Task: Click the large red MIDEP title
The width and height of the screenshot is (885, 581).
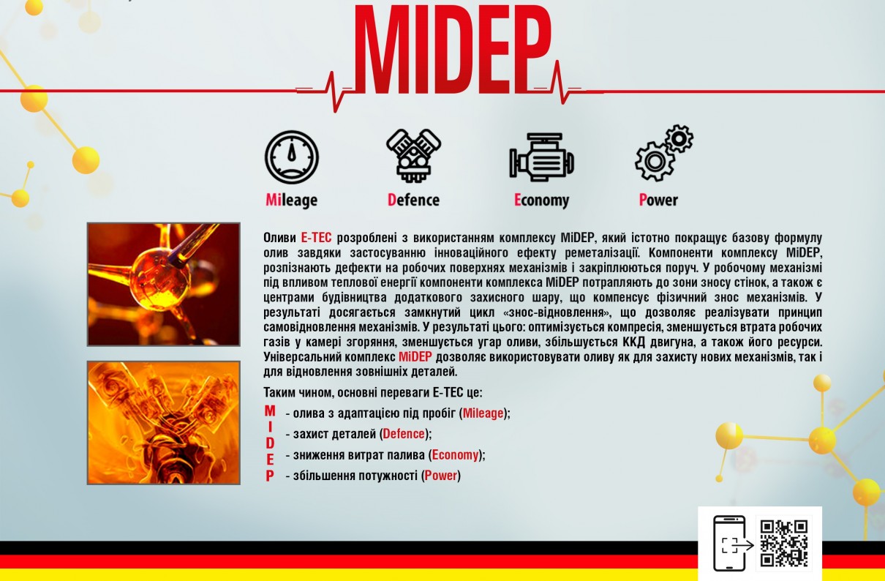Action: tap(453, 50)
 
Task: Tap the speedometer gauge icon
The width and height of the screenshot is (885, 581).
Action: tap(292, 157)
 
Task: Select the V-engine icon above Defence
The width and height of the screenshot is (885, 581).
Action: tap(414, 155)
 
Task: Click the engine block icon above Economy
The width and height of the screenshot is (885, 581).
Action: tap(541, 157)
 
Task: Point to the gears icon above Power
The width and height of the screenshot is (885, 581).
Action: tap(664, 153)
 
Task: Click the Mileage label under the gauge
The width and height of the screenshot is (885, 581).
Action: tap(292, 200)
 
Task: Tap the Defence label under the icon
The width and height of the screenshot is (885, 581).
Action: tap(414, 200)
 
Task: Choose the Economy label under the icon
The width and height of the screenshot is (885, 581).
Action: tap(541, 200)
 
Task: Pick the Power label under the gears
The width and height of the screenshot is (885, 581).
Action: tap(658, 200)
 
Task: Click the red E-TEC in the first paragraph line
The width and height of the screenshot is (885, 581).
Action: tap(316, 238)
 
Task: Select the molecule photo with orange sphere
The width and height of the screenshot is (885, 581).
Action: tap(164, 284)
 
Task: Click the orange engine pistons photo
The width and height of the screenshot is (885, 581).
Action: tap(164, 422)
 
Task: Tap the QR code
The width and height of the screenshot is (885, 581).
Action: tap(784, 543)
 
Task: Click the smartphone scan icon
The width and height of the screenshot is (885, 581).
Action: tap(731, 543)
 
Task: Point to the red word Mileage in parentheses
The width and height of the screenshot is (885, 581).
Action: tap(483, 413)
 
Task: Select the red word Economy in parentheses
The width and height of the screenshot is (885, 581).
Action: tap(455, 455)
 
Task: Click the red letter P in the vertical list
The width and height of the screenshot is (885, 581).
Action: tap(270, 476)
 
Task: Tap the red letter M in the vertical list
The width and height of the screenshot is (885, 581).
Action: tap(270, 411)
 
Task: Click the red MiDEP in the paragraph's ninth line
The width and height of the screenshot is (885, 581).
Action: tap(415, 357)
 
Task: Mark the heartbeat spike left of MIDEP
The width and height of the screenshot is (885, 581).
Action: tap(333, 92)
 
